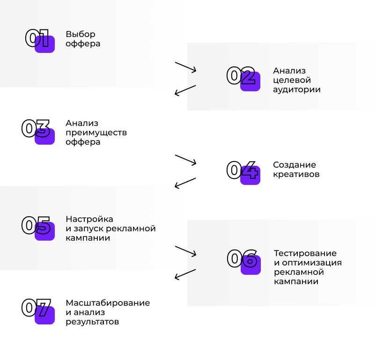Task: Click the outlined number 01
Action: [37, 38]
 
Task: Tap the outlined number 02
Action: [241, 75]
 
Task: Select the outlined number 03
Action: [36, 128]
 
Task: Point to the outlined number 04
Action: [243, 170]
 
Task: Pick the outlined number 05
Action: [36, 225]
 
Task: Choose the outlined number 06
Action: [242, 258]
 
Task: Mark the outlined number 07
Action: [36, 308]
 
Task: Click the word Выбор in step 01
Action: [81, 34]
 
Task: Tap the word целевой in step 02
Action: [292, 81]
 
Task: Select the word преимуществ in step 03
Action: [96, 133]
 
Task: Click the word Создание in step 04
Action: [295, 165]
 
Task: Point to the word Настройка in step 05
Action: [89, 219]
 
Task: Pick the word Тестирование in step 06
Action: [305, 253]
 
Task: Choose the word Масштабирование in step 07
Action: [108, 303]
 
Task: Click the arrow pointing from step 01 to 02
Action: [185, 67]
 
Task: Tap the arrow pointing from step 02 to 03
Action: [185, 91]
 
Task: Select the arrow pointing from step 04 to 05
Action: [185, 183]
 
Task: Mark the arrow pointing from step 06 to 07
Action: [185, 274]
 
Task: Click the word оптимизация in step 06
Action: [312, 263]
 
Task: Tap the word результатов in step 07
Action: [92, 322]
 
